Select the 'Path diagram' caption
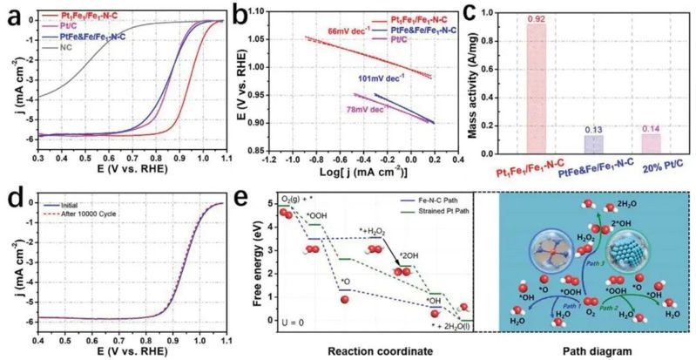[x=594, y=350]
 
